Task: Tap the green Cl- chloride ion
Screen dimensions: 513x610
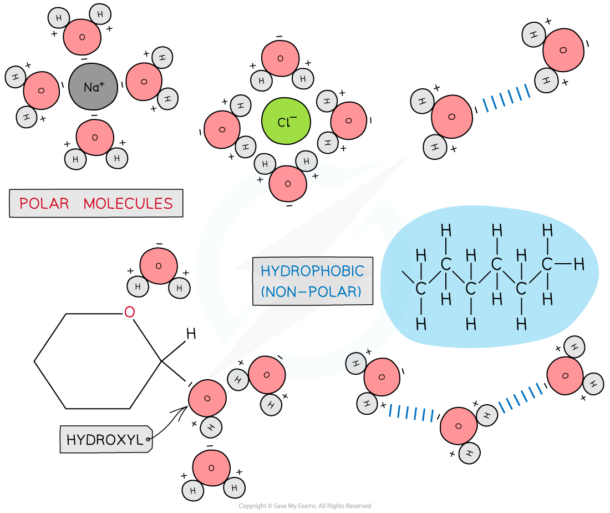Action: (x=286, y=121)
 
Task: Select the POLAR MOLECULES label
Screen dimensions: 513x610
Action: (x=96, y=203)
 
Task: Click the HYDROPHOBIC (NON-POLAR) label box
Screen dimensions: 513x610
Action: (x=312, y=281)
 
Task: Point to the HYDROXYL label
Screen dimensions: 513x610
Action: (x=105, y=440)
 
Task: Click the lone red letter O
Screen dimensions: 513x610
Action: (x=129, y=313)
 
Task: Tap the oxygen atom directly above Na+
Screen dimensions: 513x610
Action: (x=82, y=37)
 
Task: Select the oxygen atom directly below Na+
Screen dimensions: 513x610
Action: (x=95, y=137)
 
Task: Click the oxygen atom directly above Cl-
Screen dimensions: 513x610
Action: (x=280, y=58)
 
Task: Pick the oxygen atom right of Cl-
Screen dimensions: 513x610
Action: (x=349, y=120)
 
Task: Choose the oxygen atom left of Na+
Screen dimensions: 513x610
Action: (x=40, y=90)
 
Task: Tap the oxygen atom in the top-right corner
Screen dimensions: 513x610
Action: (x=563, y=51)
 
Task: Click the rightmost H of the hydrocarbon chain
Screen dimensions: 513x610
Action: (x=579, y=265)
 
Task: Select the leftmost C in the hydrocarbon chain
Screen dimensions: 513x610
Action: (x=421, y=289)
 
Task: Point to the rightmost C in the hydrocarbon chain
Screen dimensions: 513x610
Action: (x=547, y=264)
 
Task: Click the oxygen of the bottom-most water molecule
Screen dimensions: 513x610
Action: (x=211, y=468)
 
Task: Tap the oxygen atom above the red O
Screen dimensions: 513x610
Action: (x=159, y=266)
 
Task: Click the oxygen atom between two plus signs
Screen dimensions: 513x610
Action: (x=287, y=183)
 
